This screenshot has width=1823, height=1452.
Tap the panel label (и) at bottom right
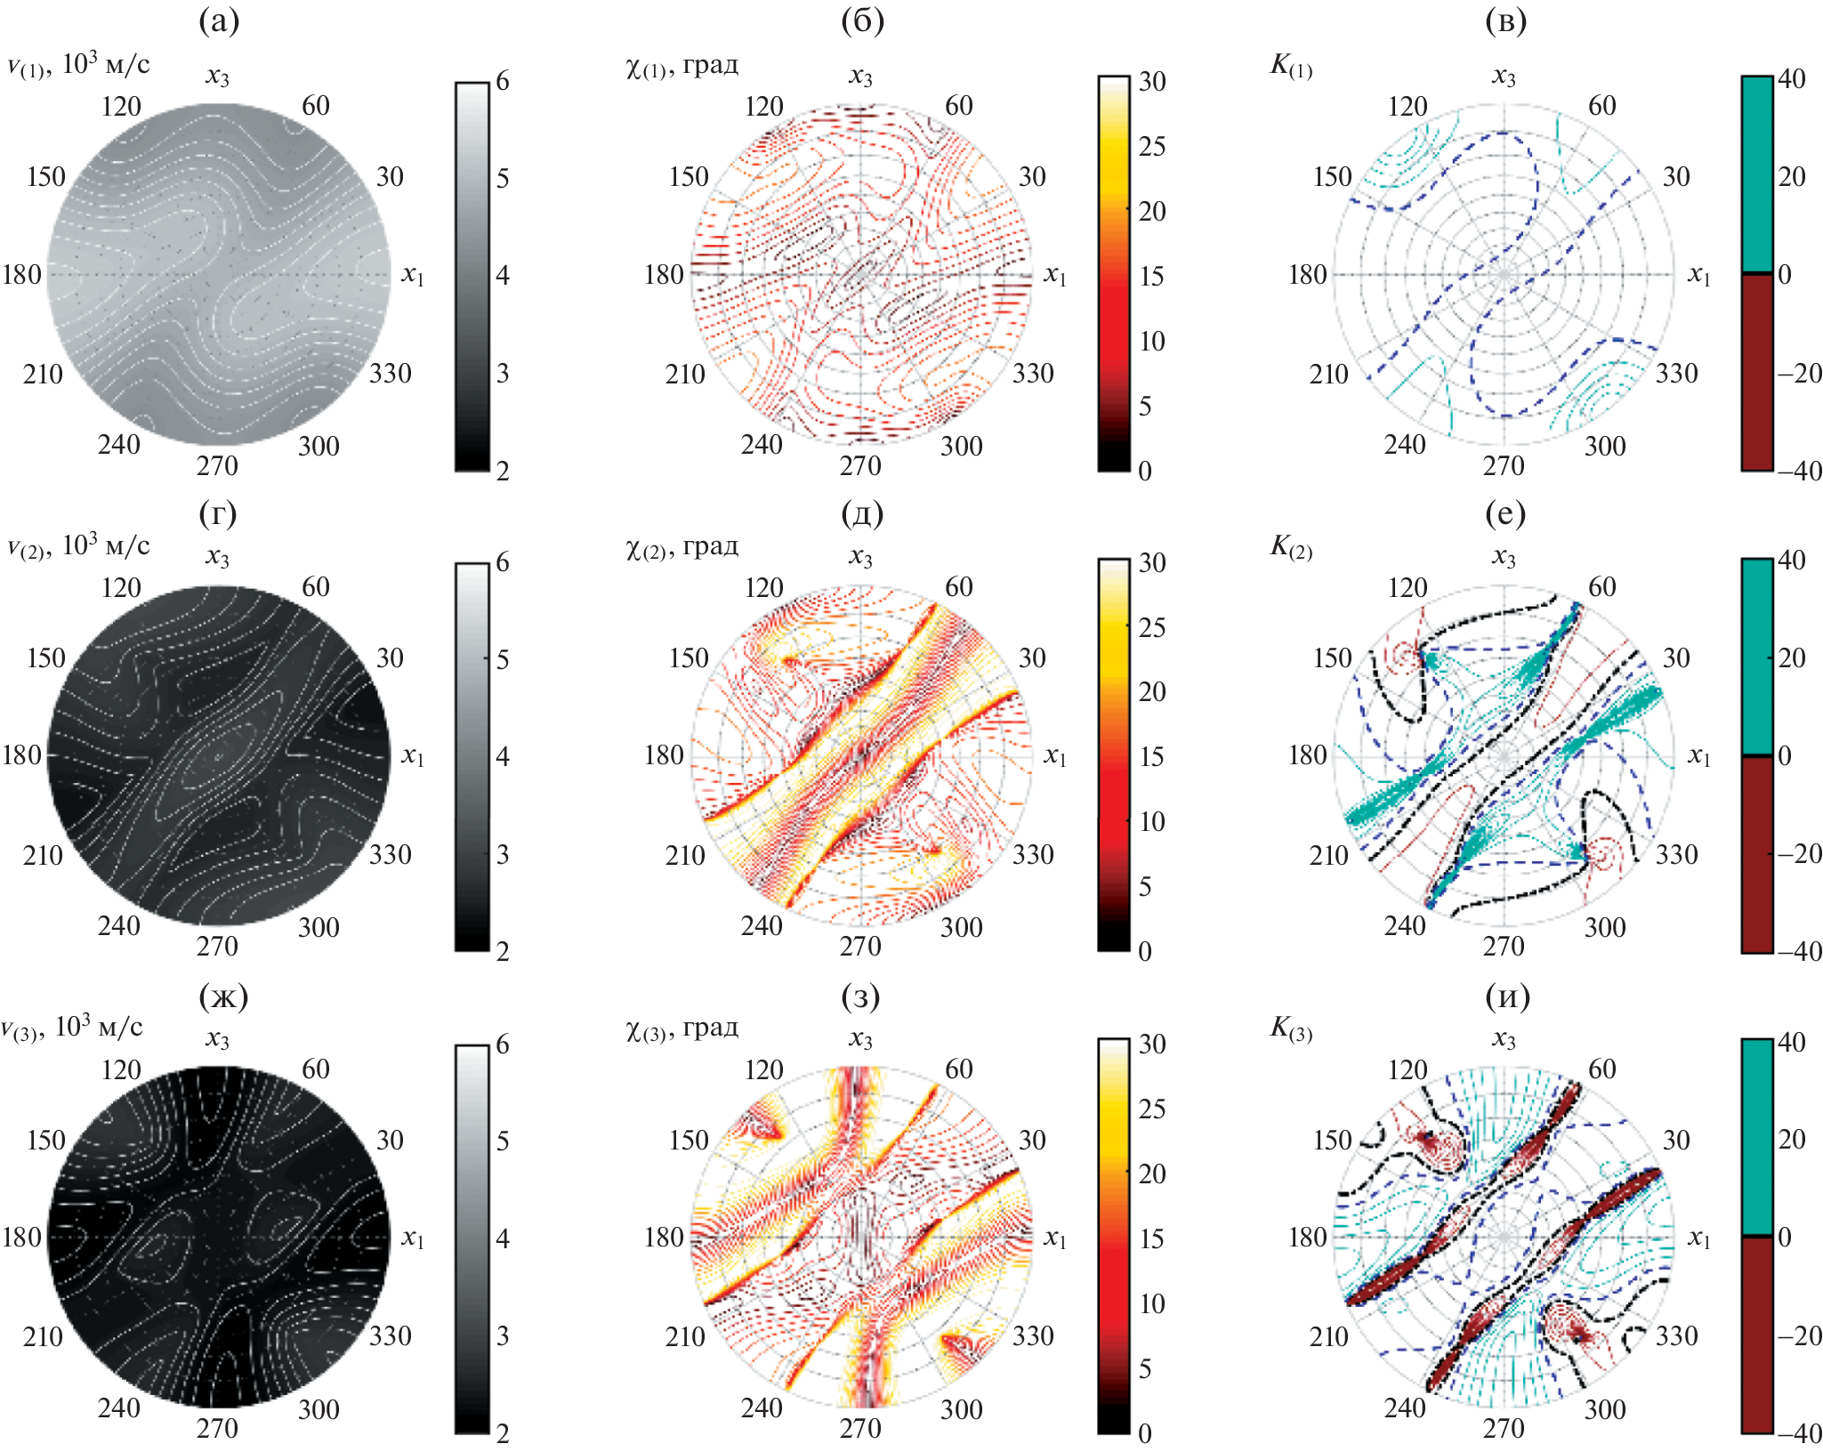[x=1507, y=996]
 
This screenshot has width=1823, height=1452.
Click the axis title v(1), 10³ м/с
[x=78, y=64]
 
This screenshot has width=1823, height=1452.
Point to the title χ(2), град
[x=682, y=546]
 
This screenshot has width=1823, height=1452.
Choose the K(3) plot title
[x=1291, y=1028]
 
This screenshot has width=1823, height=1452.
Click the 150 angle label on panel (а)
[x=46, y=176]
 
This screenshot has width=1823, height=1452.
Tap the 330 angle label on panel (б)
[x=1033, y=373]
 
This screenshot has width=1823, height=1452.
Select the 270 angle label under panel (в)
[x=1504, y=465]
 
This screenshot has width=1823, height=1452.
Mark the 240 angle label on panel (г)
[x=118, y=926]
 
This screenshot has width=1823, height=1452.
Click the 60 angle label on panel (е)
[x=1601, y=587]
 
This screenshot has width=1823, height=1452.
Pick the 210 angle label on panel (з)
[x=685, y=1336]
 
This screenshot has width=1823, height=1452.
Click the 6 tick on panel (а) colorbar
[x=503, y=82]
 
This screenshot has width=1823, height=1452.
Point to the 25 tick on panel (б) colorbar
[x=1152, y=146]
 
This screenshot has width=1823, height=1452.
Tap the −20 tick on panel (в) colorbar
[x=1800, y=373]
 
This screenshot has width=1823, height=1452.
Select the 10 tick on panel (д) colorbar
[x=1152, y=821]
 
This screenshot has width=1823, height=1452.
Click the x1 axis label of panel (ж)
[x=412, y=1238]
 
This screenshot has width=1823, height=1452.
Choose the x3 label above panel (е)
[x=1504, y=559]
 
